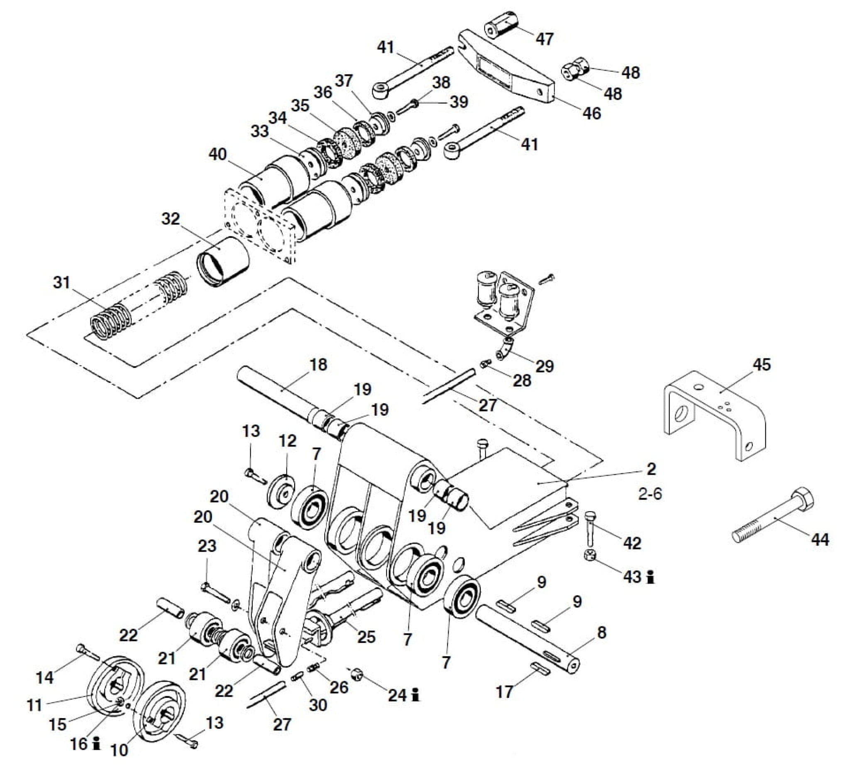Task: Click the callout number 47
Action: (x=544, y=39)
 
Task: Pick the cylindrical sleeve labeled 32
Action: (x=223, y=262)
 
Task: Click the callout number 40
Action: (x=217, y=154)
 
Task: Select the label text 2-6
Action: (x=650, y=493)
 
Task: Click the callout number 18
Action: (x=318, y=365)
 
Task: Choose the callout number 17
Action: (x=504, y=692)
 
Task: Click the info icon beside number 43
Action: (x=651, y=577)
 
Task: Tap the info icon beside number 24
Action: (x=416, y=694)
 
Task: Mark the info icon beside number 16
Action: (x=97, y=744)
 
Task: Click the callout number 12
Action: (x=288, y=441)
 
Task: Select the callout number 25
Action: (x=366, y=637)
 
